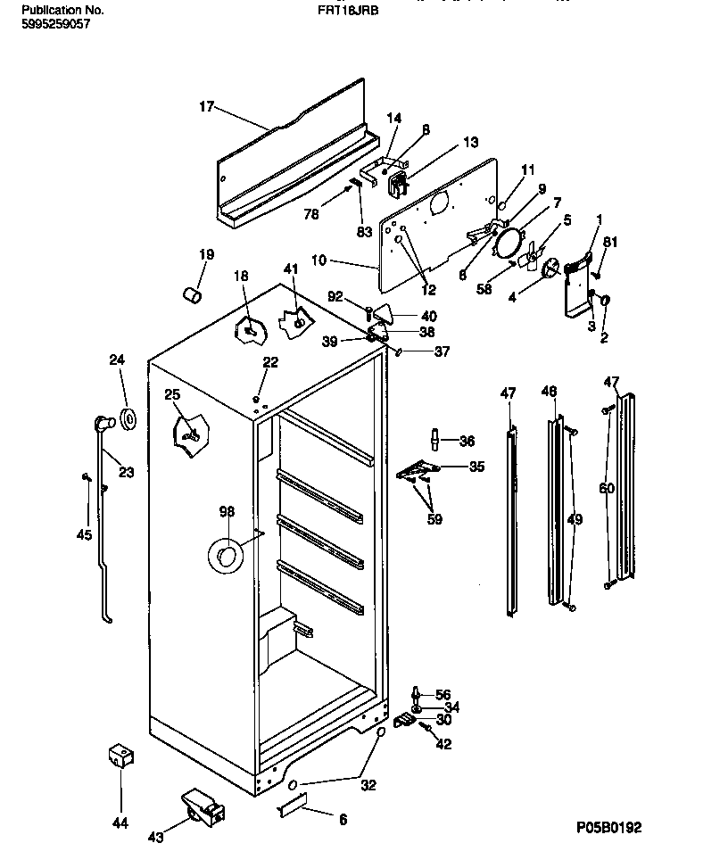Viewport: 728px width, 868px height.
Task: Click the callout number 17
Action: click(x=206, y=107)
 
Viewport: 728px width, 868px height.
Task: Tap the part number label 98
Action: click(x=227, y=511)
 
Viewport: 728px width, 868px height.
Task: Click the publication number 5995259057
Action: click(x=55, y=24)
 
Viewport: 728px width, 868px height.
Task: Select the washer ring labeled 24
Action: click(x=128, y=417)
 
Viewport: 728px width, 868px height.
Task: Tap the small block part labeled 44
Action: click(x=120, y=757)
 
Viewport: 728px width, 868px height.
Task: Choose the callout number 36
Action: click(x=467, y=440)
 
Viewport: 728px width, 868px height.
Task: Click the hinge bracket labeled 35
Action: click(x=418, y=470)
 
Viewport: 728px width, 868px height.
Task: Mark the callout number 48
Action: click(x=549, y=391)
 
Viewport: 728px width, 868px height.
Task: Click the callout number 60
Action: click(x=607, y=488)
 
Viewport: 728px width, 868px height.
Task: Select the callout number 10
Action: click(x=318, y=262)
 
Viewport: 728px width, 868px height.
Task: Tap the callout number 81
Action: click(x=609, y=242)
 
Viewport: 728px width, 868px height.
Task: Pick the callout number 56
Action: click(x=443, y=694)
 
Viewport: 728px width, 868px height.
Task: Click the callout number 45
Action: click(x=85, y=535)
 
